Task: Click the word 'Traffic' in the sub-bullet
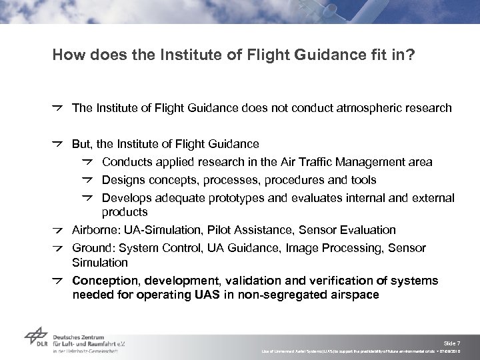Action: click(x=312, y=161)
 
